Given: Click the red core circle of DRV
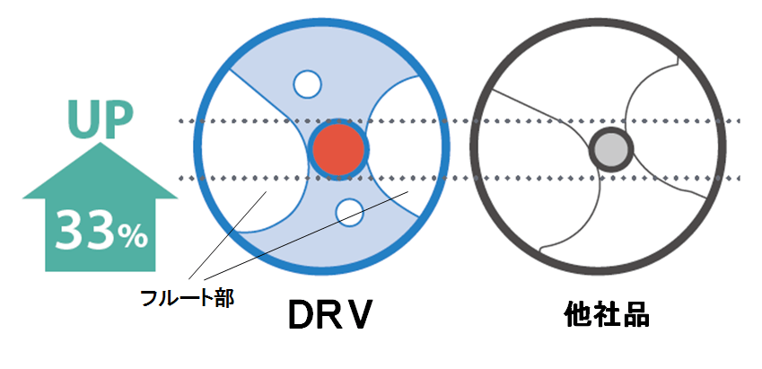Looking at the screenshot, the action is coord(338,149).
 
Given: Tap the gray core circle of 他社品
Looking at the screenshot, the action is coord(611,149).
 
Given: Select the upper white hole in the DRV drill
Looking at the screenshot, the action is coord(307,84).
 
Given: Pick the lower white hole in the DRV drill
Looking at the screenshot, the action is coord(349,213).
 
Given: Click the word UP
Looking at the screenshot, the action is coord(101,119).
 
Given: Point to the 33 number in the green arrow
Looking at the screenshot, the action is coord(86,231).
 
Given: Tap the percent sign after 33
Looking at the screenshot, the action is coord(133,236).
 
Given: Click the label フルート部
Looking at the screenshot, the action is coord(187,297).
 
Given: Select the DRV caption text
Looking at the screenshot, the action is coord(330,314).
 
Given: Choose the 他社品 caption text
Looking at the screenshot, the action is coord(607,314).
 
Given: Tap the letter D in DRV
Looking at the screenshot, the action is coord(302,314).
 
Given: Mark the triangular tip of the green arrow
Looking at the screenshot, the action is coord(101,143).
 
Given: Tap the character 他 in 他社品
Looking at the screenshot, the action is coord(578,314).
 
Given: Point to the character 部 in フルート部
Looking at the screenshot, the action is coord(224,297).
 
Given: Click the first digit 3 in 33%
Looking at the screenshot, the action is coord(70,231).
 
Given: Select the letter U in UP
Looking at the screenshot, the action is coord(83,119).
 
